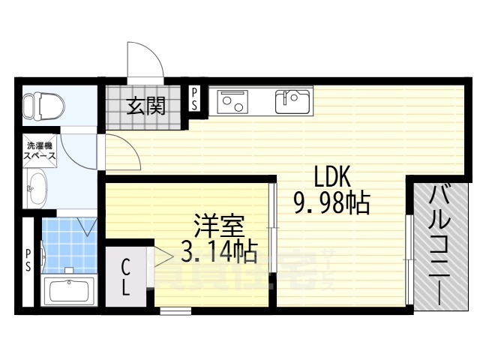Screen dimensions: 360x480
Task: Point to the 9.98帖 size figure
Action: pyautogui.click(x=332, y=202)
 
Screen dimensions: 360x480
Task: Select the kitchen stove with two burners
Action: pyautogui.click(x=234, y=101)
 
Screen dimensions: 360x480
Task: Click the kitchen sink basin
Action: pyautogui.click(x=292, y=100)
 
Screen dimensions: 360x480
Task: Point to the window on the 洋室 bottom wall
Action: pyautogui.click(x=175, y=309)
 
